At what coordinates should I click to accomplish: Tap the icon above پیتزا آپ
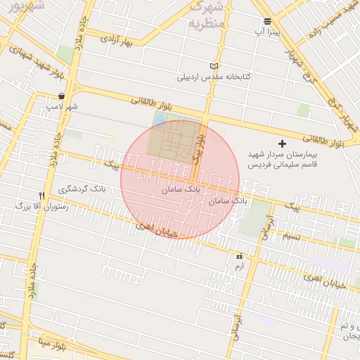tap(267, 21)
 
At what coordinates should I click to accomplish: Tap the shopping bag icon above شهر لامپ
tap(62, 96)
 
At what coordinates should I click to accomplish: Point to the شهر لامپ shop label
tap(62, 107)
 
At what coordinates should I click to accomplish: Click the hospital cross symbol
tap(283, 143)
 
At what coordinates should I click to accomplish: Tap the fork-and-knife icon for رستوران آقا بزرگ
tap(41, 195)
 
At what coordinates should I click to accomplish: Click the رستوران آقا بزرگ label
tap(41, 207)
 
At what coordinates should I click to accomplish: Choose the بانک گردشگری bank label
tap(84, 190)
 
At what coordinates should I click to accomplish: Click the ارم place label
tap(239, 267)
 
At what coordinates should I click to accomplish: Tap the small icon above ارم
tap(240, 257)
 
